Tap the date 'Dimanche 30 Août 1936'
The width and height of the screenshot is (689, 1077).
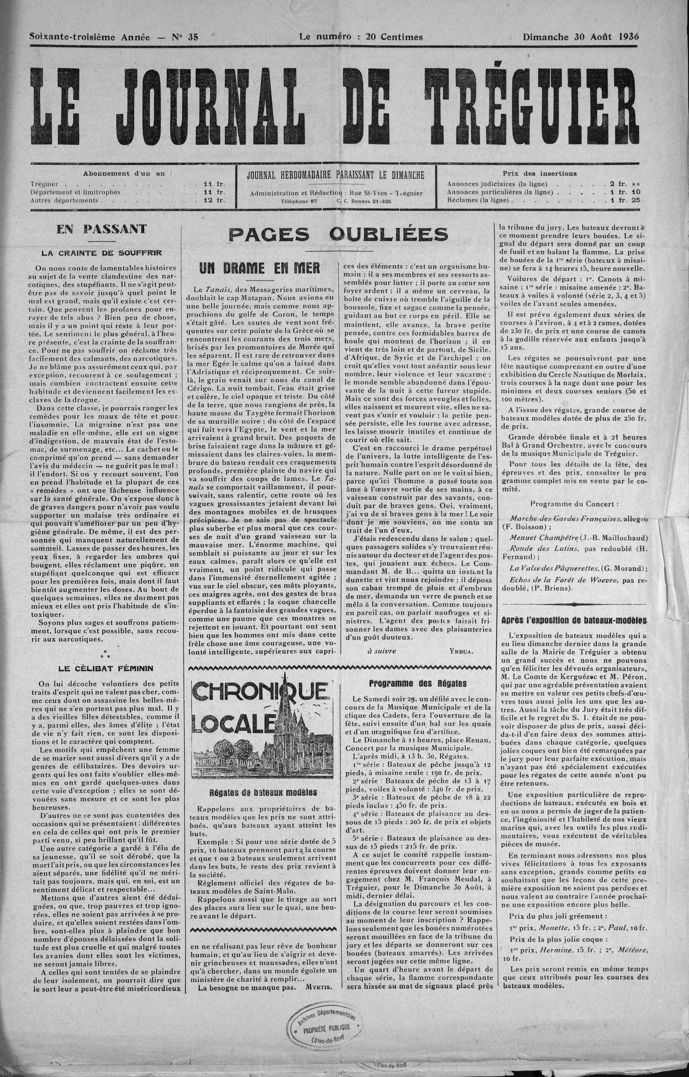click(581, 37)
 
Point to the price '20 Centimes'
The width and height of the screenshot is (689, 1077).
click(394, 37)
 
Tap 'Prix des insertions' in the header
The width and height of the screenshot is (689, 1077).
click(540, 174)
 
